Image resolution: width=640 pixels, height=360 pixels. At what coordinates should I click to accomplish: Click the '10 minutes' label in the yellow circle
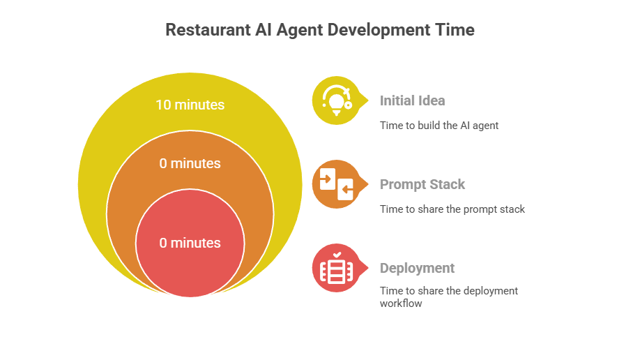[x=190, y=105]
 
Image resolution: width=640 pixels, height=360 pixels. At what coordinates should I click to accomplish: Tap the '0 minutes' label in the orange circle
[x=190, y=164]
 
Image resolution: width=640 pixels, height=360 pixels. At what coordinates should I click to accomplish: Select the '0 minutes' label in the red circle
[x=190, y=243]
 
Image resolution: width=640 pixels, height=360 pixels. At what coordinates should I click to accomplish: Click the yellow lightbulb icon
[x=335, y=100]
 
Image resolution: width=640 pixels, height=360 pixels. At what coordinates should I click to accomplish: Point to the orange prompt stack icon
[x=335, y=184]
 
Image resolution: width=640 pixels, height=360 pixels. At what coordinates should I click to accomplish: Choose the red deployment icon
[x=335, y=268]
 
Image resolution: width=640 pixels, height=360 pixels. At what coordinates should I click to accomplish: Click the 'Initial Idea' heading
[x=412, y=100]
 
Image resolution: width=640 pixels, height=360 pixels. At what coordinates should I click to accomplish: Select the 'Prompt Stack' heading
[x=422, y=184]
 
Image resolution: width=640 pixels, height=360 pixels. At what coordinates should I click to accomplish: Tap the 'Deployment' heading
[x=417, y=268]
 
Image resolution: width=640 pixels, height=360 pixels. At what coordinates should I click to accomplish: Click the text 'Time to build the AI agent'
[x=439, y=126]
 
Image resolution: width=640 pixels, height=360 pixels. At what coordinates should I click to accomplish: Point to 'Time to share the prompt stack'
[x=452, y=209]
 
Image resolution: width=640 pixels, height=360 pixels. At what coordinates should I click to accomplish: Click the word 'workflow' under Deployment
[x=401, y=303]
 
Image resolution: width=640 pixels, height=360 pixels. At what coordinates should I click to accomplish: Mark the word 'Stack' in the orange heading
[x=448, y=184]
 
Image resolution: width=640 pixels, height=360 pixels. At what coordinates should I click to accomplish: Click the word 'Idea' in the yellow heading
[x=432, y=100]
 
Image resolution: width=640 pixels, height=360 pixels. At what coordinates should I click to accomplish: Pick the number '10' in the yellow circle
[x=163, y=105]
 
